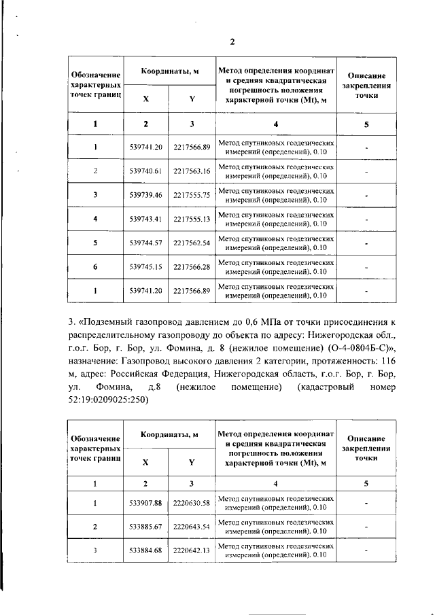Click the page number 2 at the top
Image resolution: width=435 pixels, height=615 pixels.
coord(232,42)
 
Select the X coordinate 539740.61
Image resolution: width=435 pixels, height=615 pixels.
coord(146,171)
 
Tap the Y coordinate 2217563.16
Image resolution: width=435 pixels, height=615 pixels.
coord(192,171)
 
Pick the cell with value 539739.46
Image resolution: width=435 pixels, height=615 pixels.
coord(146,195)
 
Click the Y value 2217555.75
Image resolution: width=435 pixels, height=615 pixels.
coord(192,195)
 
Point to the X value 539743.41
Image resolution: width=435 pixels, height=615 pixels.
coord(146,219)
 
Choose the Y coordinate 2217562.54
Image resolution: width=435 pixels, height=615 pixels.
coord(192,243)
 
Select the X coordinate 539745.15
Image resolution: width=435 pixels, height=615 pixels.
coord(146,267)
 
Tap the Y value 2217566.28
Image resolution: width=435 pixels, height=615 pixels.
coord(192,267)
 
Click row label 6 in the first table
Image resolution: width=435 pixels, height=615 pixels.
coord(96,267)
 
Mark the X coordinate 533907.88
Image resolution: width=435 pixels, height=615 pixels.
coord(146,503)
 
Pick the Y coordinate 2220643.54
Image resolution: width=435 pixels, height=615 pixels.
coord(192,527)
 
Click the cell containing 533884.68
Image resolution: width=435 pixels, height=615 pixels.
coord(146,550)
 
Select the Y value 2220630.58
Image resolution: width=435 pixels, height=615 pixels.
coord(192,503)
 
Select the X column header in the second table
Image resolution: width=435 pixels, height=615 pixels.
coord(146,462)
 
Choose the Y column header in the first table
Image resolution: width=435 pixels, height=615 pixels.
coord(192,99)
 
